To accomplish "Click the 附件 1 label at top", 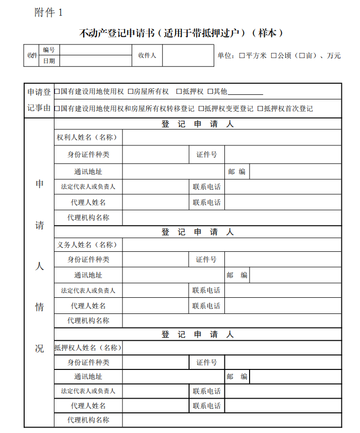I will [48, 13].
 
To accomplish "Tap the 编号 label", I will [49, 49].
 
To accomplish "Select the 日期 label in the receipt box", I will [49, 61].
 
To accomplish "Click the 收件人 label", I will [147, 55].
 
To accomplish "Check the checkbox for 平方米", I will [242, 56].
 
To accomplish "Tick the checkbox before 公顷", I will [274, 56].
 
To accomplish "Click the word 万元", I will [334, 56].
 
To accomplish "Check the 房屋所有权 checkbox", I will [131, 91].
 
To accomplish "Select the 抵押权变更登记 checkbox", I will [201, 109].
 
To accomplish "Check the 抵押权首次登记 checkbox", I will [260, 109].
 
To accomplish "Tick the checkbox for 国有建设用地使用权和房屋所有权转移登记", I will [57, 109].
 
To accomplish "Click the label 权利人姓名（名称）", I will [87, 137].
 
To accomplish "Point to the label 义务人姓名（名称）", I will [87, 245].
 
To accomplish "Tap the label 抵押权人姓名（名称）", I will [88, 348].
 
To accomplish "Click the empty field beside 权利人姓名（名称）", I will [231, 137].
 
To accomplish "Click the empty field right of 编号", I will [95, 49].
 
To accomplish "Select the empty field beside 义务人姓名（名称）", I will [231, 245].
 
